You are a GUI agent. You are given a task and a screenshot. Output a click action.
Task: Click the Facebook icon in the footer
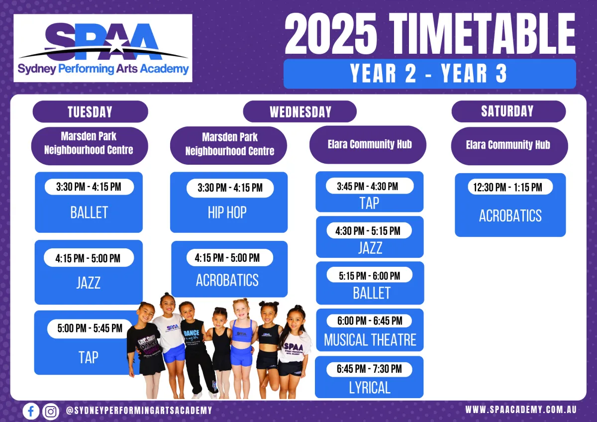click(31, 411)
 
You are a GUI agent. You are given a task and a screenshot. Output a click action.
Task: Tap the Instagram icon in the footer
click(51, 412)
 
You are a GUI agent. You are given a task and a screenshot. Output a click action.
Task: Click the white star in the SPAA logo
click(116, 43)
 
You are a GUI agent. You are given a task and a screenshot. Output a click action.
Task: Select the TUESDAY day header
click(90, 111)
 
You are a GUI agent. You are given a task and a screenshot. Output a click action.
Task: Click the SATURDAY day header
click(508, 111)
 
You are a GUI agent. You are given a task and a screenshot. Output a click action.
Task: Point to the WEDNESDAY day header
click(300, 111)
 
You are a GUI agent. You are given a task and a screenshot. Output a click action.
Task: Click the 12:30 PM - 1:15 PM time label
click(508, 187)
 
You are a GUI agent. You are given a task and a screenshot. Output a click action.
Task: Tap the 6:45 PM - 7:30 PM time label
click(369, 369)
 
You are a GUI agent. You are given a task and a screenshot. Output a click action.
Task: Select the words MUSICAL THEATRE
click(370, 340)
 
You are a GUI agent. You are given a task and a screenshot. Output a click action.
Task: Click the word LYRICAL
click(370, 388)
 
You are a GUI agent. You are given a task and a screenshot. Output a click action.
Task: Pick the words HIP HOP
click(227, 212)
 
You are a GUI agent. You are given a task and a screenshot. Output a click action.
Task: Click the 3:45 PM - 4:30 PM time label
click(368, 186)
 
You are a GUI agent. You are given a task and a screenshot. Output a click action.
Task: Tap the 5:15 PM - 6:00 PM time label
click(369, 276)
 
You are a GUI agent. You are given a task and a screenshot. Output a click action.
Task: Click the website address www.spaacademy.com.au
click(521, 410)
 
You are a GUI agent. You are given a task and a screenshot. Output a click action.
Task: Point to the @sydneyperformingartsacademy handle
click(139, 410)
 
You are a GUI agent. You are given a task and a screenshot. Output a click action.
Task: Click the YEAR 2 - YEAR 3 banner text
click(428, 74)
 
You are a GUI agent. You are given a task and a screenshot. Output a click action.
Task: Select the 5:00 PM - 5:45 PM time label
click(90, 328)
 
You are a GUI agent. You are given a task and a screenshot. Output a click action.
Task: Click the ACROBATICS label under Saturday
click(510, 215)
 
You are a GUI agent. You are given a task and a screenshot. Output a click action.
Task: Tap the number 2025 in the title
click(331, 34)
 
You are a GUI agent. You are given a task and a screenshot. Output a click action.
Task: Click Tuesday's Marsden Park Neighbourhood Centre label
click(89, 143)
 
